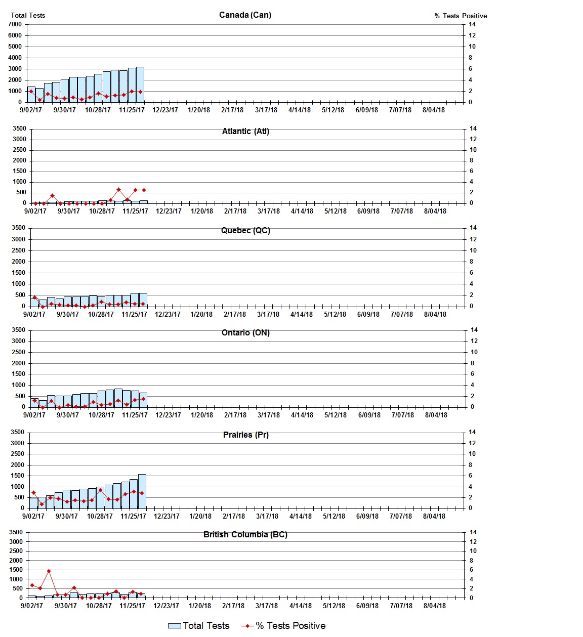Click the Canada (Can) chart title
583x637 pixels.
pos(245,15)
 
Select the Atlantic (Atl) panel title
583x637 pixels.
pos(245,132)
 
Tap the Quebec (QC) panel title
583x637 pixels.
pos(245,231)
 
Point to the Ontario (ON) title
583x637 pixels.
pos(245,333)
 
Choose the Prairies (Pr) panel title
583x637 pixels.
pos(245,435)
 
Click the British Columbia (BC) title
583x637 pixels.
pos(245,535)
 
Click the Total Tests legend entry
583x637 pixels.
pos(199,626)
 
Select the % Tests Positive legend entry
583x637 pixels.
pos(283,626)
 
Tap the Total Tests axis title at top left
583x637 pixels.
pos(28,16)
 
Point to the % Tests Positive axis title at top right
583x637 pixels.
pos(461,16)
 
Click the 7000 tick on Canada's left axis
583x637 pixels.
pos(15,24)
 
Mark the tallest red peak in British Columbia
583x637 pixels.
pos(49,571)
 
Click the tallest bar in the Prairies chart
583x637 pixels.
pos(142,491)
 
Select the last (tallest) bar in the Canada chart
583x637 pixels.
pos(140,84)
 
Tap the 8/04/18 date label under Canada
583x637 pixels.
pos(434,110)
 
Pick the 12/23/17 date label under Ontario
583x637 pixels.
pos(168,415)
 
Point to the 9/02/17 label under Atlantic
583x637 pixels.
pos(35,211)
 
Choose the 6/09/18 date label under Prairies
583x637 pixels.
pos(367,516)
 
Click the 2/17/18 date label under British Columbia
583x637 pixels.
pos(233,606)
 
